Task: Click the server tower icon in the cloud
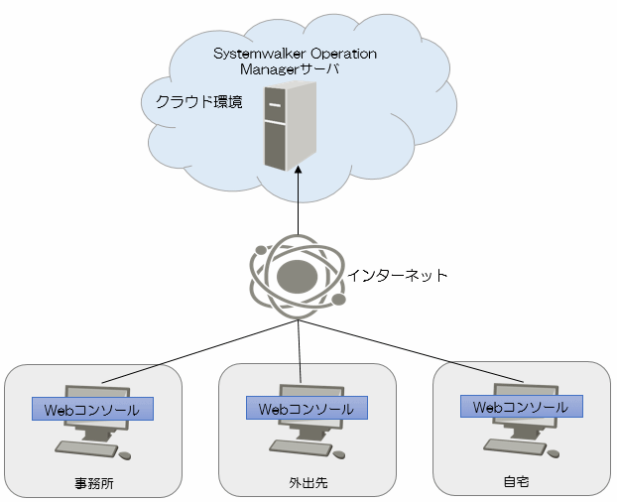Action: point(290,126)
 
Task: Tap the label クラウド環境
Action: point(198,102)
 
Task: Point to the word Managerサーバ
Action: point(290,69)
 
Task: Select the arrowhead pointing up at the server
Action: point(298,170)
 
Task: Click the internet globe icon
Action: point(298,277)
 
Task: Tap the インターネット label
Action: point(398,275)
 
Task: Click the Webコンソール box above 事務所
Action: point(92,409)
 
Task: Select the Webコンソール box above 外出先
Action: point(307,408)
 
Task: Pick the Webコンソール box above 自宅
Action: point(522,406)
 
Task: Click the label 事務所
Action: point(94,483)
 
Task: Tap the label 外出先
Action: point(308,483)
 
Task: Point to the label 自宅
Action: point(516,481)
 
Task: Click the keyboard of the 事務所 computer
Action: point(86,448)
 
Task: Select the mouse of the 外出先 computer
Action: point(339,454)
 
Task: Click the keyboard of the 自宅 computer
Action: point(515,447)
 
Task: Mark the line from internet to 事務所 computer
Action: point(200,351)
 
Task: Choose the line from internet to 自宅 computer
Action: point(411,351)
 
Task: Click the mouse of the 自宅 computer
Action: point(554,453)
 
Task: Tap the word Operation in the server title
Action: point(344,54)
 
